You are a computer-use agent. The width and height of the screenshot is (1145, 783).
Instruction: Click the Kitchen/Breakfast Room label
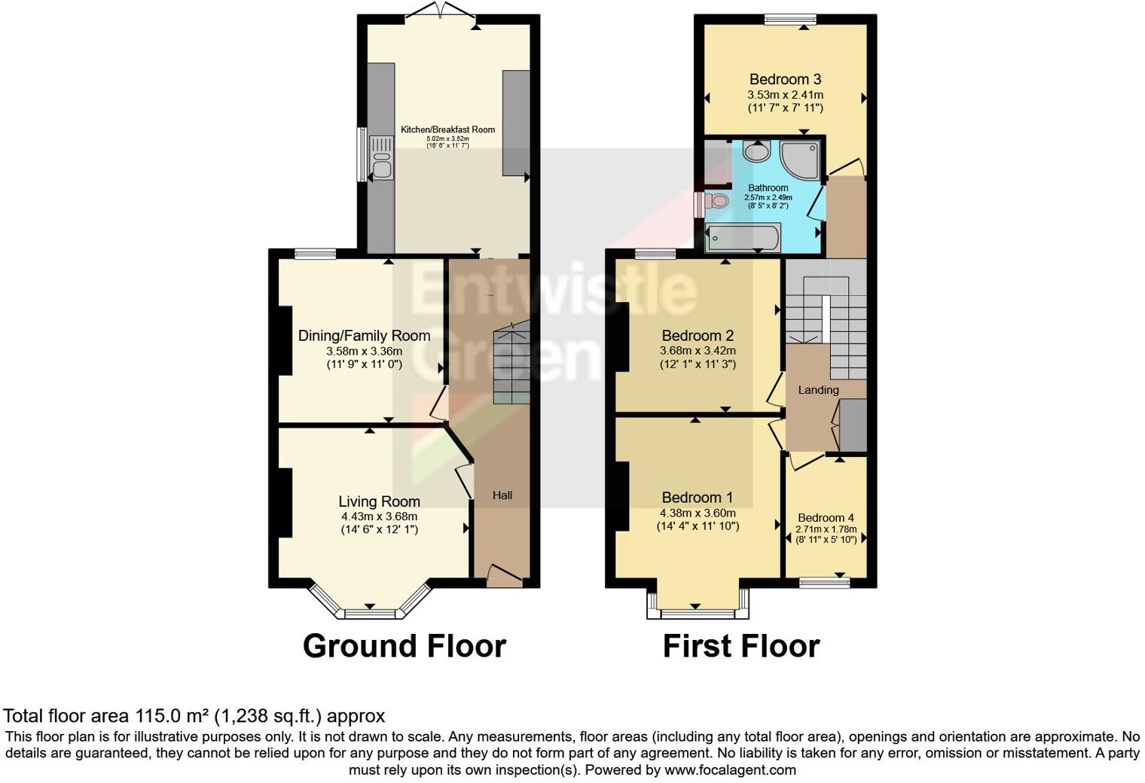pyautogui.click(x=447, y=129)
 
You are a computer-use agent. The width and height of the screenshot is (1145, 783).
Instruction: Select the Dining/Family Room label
pyautogui.click(x=364, y=336)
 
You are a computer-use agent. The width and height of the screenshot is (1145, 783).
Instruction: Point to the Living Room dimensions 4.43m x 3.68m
pyautogui.click(x=379, y=516)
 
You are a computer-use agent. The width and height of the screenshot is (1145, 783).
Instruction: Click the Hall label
pyautogui.click(x=502, y=495)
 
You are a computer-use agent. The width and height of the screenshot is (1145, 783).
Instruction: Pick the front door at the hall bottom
pyautogui.click(x=503, y=576)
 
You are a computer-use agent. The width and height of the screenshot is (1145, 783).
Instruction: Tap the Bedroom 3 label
pyautogui.click(x=785, y=79)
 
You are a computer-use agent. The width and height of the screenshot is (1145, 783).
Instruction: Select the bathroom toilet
pyautogui.click(x=717, y=201)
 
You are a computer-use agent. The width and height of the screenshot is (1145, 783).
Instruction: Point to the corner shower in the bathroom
pyautogui.click(x=801, y=160)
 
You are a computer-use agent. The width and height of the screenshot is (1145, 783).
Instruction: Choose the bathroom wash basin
pyautogui.click(x=756, y=152)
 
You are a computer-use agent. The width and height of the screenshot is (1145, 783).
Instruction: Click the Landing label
pyautogui.click(x=818, y=390)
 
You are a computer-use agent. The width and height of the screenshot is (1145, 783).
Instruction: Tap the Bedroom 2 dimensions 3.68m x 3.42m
pyautogui.click(x=698, y=351)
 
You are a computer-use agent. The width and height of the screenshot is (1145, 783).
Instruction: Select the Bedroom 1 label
pyautogui.click(x=697, y=497)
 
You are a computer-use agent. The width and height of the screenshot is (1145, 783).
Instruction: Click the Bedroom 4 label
pyautogui.click(x=826, y=518)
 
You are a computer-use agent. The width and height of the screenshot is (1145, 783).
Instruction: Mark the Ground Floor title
pyautogui.click(x=404, y=646)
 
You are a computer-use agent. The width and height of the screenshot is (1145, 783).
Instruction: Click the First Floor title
pyautogui.click(x=740, y=646)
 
